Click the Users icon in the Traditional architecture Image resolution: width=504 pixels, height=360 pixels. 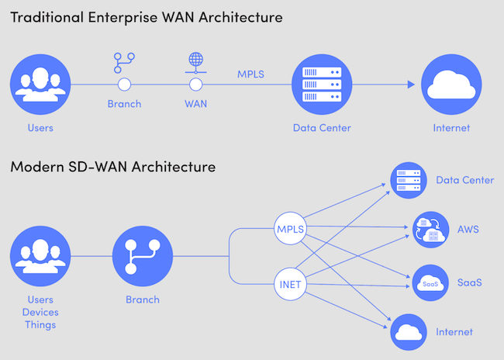coord(40,85)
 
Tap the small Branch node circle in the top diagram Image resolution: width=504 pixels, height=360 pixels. coord(124,85)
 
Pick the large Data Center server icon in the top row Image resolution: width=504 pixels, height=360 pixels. coord(322,85)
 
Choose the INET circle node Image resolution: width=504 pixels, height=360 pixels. coord(292,285)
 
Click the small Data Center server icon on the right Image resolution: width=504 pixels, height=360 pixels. coord(409,180)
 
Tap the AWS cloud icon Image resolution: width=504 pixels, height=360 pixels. coord(430,230)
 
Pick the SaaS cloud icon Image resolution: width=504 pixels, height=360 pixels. coord(430,282)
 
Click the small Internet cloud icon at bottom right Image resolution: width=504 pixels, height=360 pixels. coord(409,332)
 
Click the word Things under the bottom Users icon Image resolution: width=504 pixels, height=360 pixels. coord(40,324)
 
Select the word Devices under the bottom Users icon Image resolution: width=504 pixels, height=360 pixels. coord(40,312)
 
